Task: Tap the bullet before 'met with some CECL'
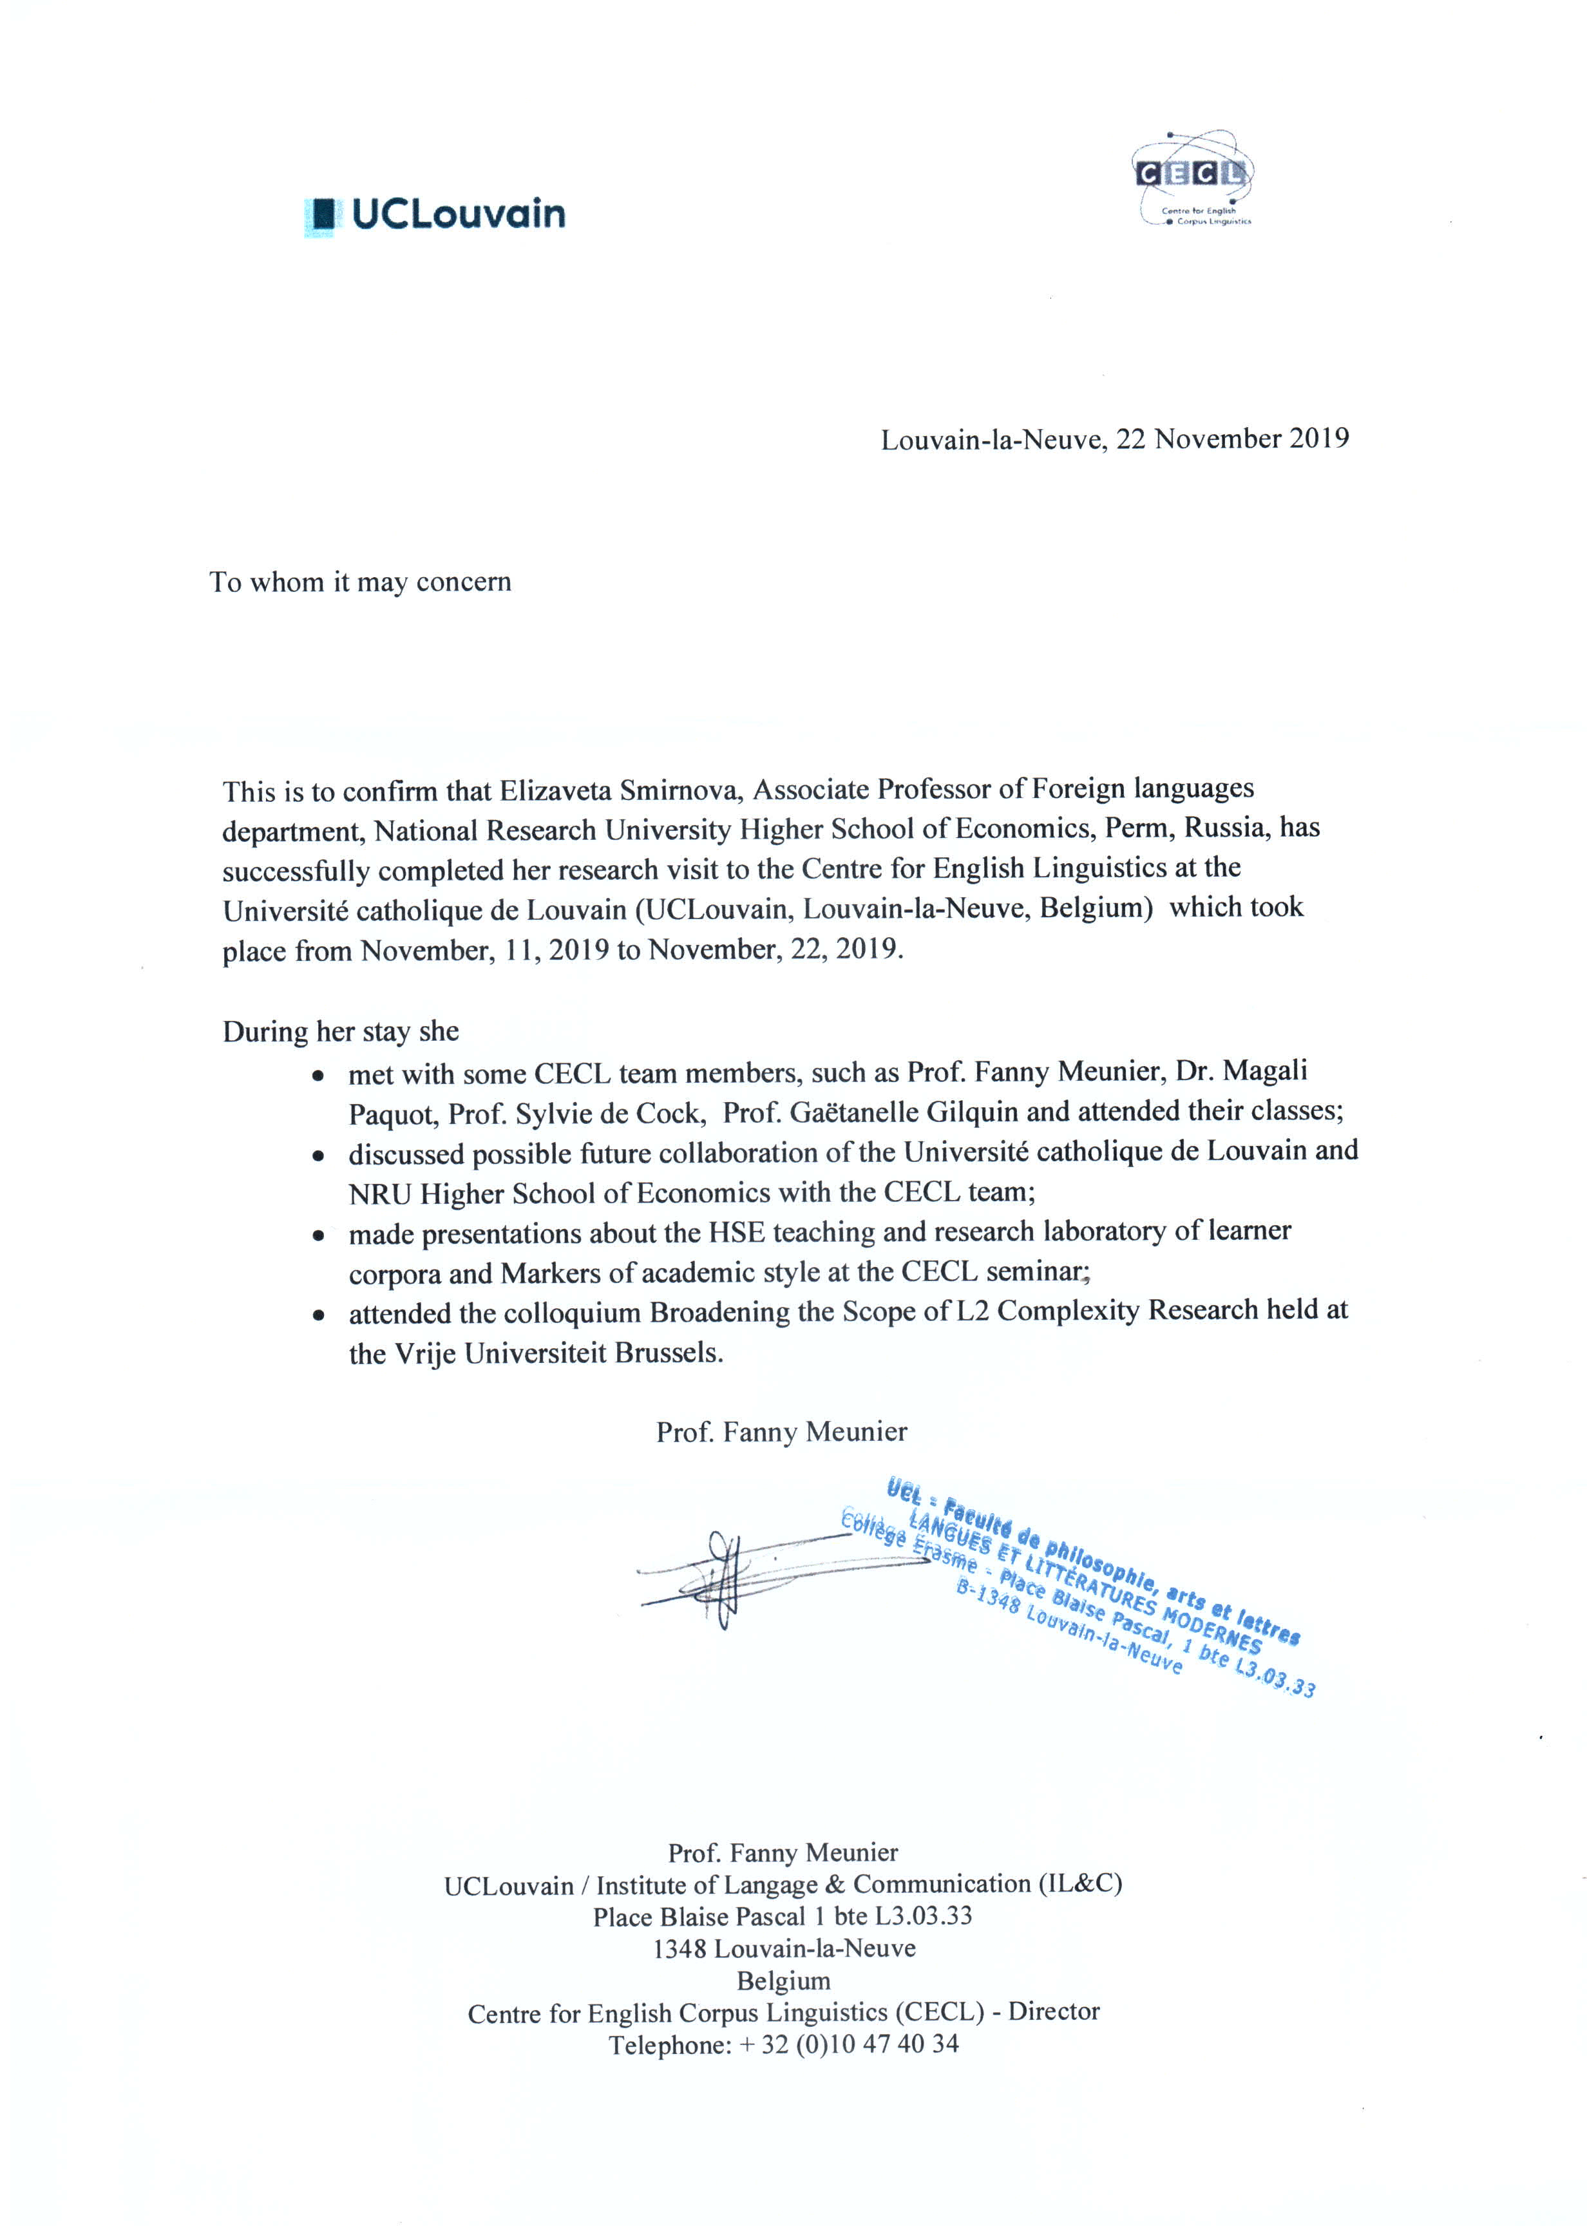point(318,1076)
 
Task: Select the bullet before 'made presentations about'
point(318,1236)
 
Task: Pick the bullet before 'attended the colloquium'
point(318,1315)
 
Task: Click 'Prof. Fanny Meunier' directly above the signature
point(782,1432)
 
